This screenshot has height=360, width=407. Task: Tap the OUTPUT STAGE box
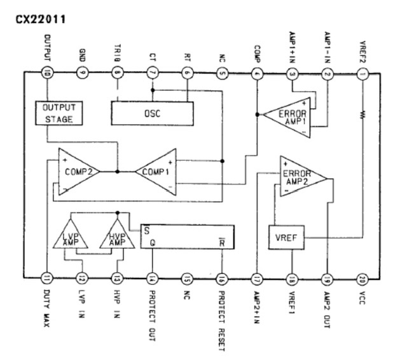click(x=58, y=113)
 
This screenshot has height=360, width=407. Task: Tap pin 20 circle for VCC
click(x=362, y=278)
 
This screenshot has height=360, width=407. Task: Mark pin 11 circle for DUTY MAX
click(x=47, y=278)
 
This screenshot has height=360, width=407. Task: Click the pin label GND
click(x=82, y=53)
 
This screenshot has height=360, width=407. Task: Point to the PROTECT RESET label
click(x=221, y=318)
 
